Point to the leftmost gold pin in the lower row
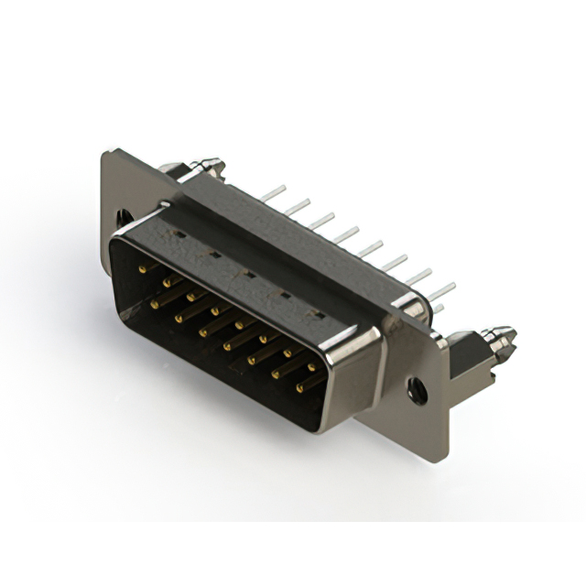click(x=156, y=298)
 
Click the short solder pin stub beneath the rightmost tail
click(x=438, y=309)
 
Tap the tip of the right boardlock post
click(x=506, y=336)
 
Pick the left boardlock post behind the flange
click(x=203, y=167)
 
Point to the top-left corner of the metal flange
click(x=105, y=152)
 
